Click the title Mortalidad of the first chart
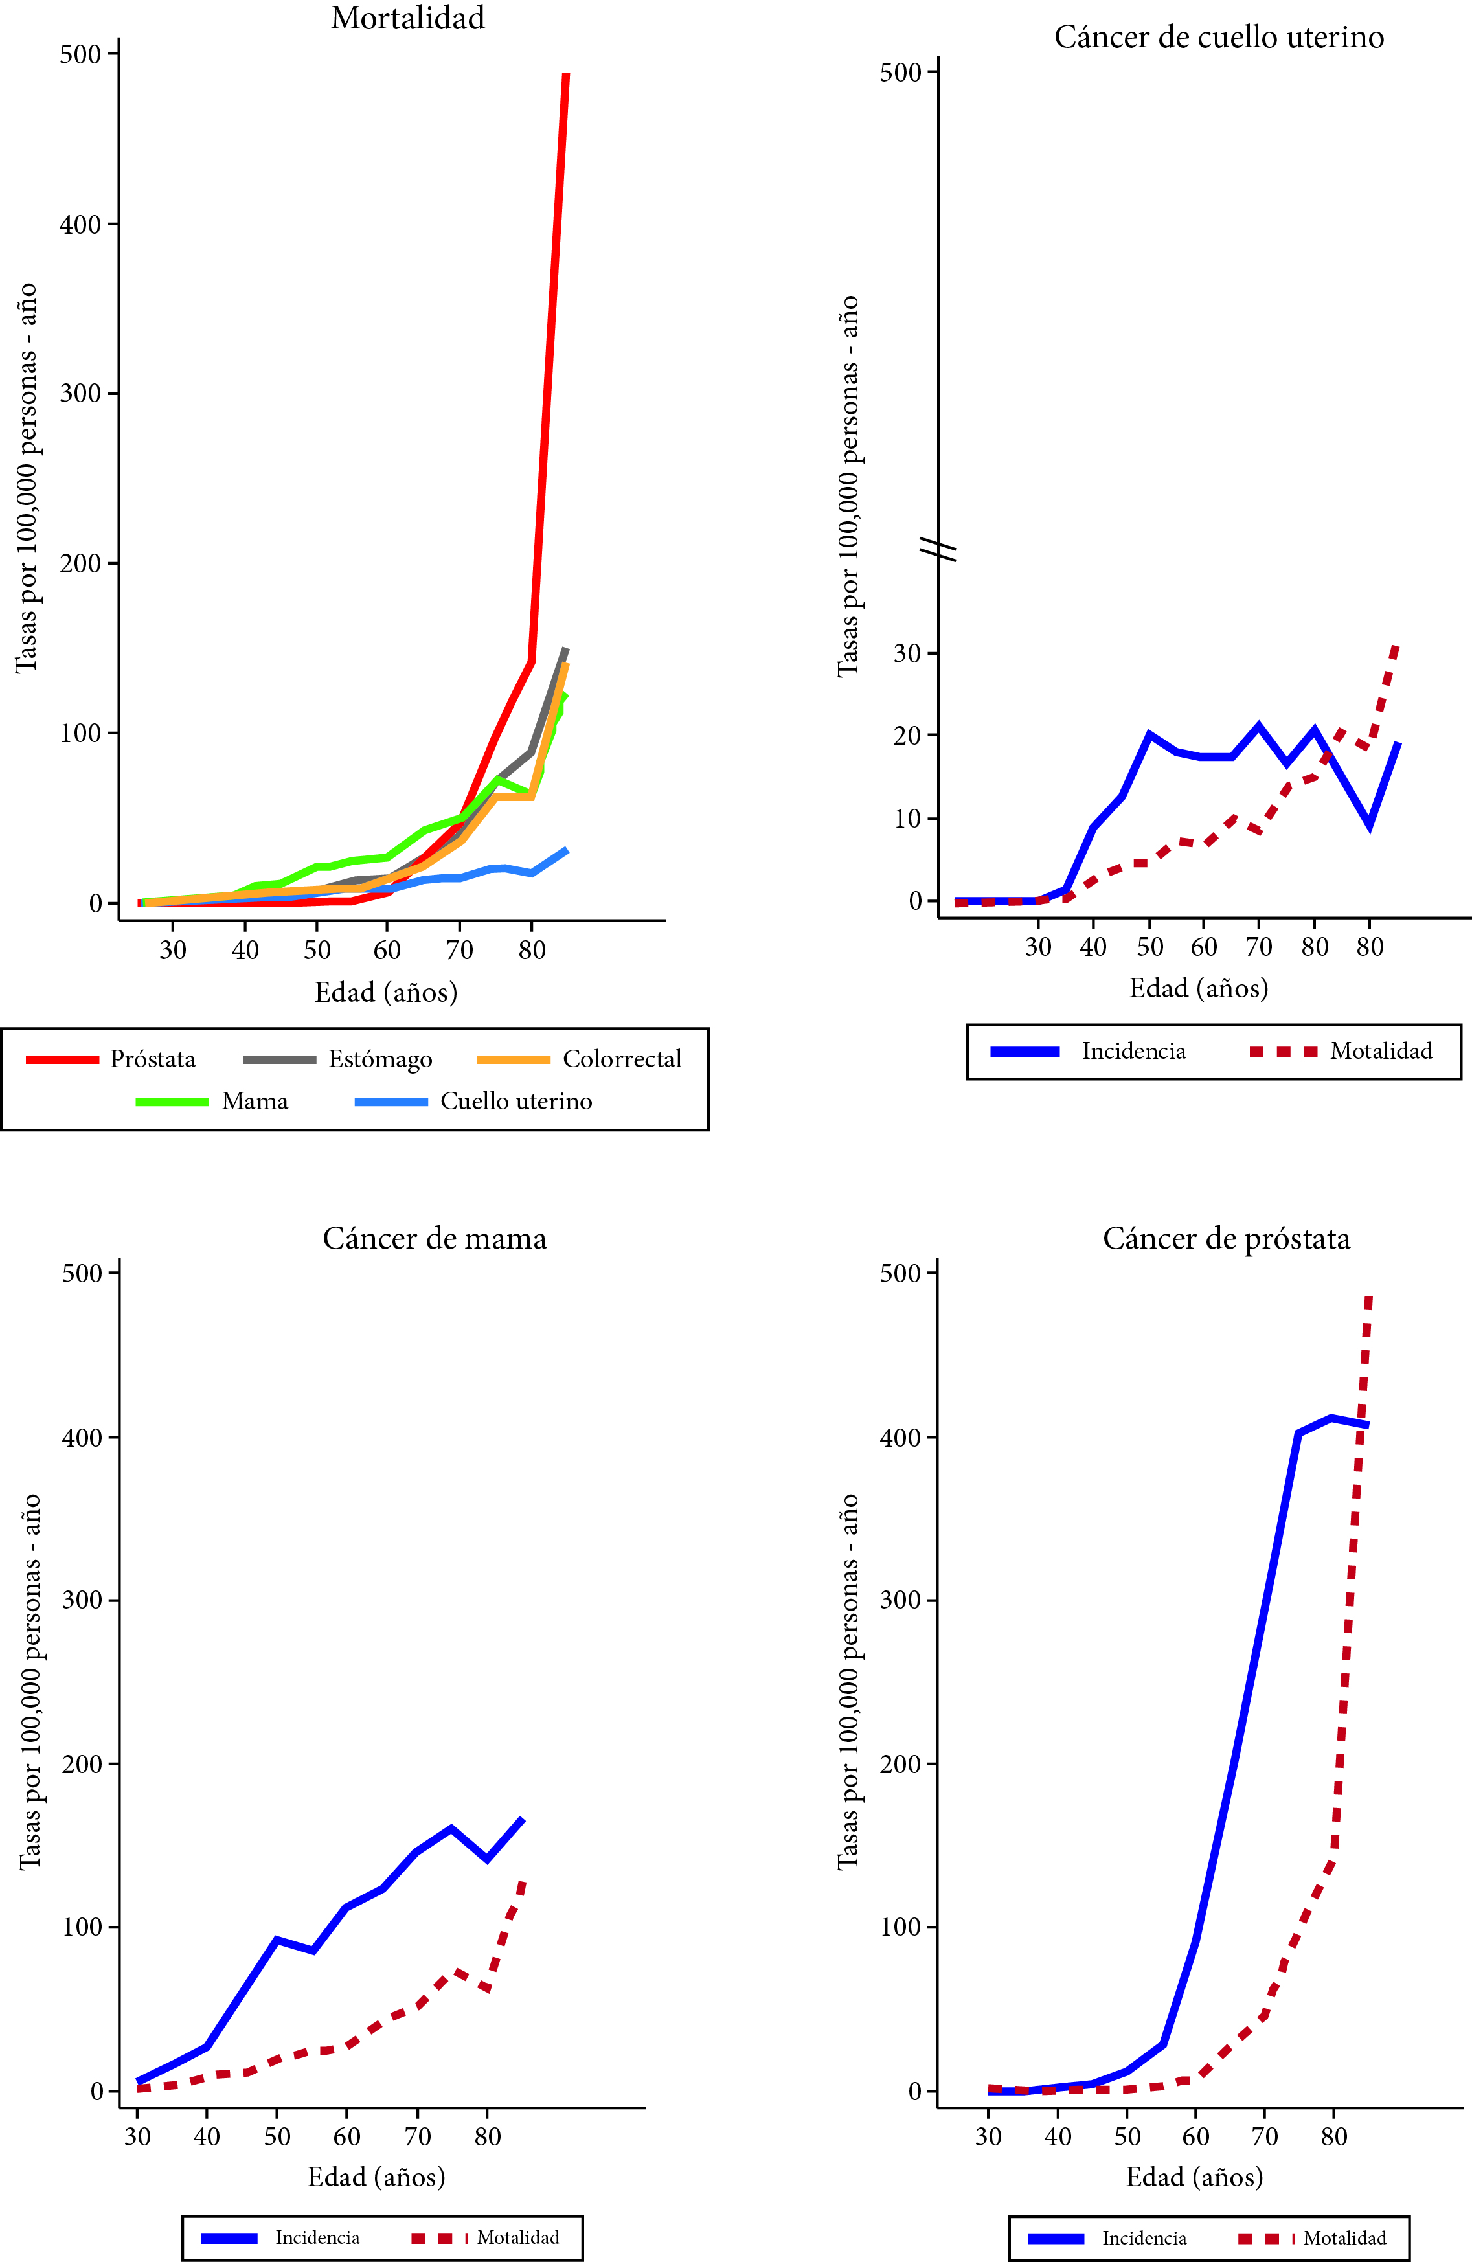408,19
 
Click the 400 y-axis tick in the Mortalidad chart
81,225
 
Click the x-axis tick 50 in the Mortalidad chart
317,949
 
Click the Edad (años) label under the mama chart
376,2177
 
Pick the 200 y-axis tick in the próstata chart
901,1764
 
